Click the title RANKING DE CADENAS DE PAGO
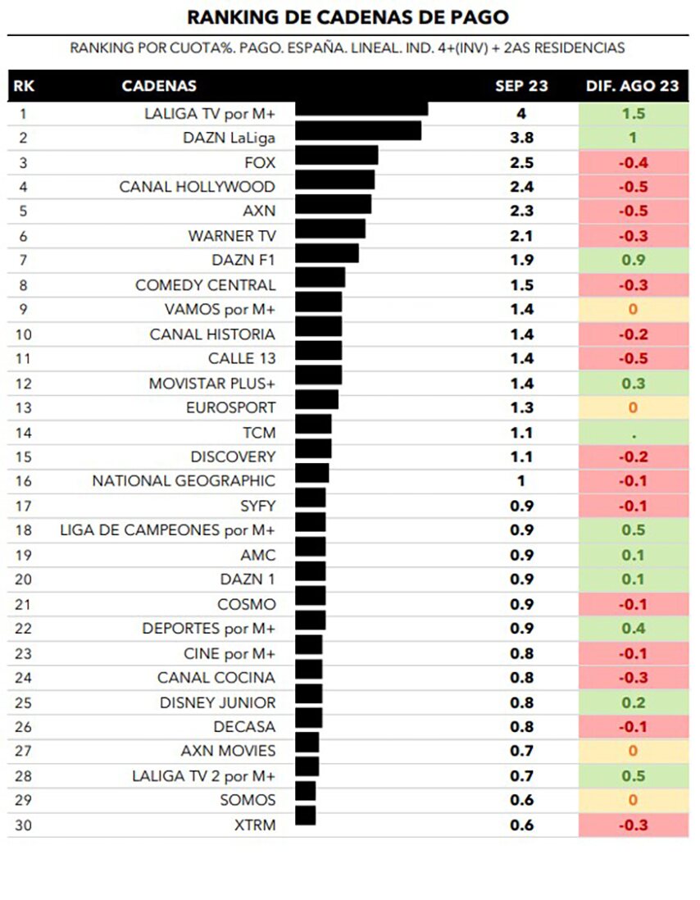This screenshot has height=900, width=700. pos(348,17)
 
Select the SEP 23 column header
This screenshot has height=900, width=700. pos(521,86)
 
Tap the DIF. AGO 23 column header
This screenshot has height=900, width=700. pos(633,86)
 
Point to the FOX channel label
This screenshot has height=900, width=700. pos(260,162)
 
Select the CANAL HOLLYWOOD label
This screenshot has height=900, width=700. pos(198,187)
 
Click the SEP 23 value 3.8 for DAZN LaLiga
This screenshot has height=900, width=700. pos(521,138)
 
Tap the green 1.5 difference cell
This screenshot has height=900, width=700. pos(633,113)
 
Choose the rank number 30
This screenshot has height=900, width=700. pos(23,825)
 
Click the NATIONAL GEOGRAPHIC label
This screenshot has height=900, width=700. pos(184,481)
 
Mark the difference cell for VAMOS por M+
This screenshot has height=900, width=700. pos(633,310)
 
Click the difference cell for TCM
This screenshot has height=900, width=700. pos(633,432)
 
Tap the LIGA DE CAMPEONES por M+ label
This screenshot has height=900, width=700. pos(168,530)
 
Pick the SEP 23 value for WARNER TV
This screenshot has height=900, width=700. pos(521,236)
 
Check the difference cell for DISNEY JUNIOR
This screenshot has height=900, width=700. pos(633,702)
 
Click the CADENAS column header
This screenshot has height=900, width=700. pos(159,86)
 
